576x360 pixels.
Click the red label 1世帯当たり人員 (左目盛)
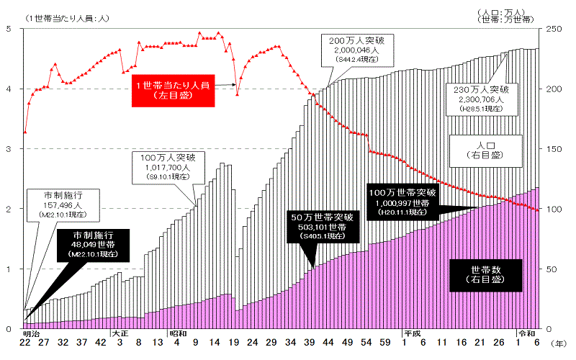tap(174, 90)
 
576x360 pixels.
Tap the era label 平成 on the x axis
tap(411, 333)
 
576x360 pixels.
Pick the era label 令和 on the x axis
tap(526, 333)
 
